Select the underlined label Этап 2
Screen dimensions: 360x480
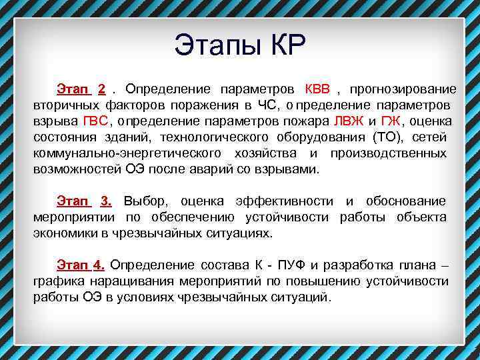81,89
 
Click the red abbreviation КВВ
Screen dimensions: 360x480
317,89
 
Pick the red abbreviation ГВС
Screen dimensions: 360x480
95,121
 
